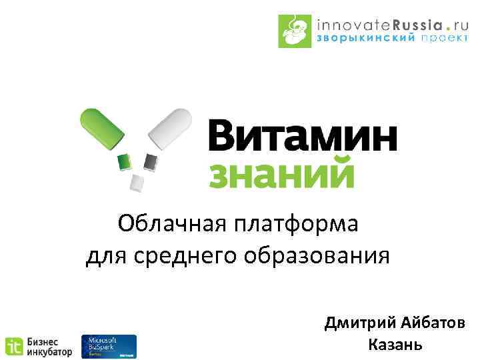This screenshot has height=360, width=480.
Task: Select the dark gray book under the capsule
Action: pyautogui.click(x=151, y=162)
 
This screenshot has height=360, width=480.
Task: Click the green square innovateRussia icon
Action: pyautogui.click(x=295, y=31)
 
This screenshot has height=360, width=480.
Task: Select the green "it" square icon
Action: pyautogui.click(x=13, y=347)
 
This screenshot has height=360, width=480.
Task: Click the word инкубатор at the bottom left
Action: pyautogui.click(x=49, y=353)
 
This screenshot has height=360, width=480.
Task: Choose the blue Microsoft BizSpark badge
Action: pyautogui.click(x=108, y=347)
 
